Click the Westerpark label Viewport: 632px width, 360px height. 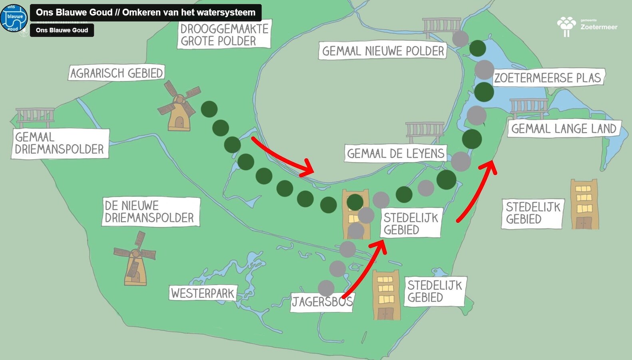(203, 293)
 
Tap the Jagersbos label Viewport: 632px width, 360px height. (322, 301)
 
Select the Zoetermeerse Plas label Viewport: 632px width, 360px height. (548, 78)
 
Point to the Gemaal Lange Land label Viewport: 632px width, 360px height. (564, 128)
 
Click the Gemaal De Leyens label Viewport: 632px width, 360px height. (395, 153)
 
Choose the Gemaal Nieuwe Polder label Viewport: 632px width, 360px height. (383, 51)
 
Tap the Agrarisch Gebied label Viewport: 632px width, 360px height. (116, 73)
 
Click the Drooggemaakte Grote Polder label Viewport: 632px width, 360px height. (224, 35)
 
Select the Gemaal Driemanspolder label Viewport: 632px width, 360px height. (60, 143)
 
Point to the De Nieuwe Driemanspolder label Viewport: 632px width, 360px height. (150, 212)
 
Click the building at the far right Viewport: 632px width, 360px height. (584, 204)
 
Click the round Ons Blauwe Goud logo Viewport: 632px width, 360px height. (14, 18)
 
